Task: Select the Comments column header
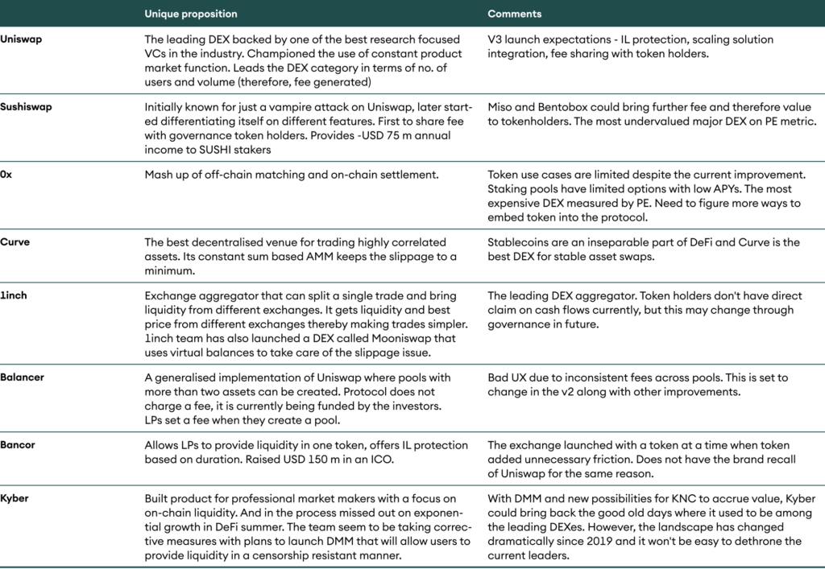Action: (x=515, y=14)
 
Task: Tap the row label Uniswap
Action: (x=21, y=39)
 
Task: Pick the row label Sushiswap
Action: (x=26, y=107)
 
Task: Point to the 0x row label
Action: (x=6, y=174)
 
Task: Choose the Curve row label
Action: (x=15, y=241)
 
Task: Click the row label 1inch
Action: (x=14, y=295)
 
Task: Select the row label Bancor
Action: (x=19, y=444)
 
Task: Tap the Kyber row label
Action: (x=15, y=498)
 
